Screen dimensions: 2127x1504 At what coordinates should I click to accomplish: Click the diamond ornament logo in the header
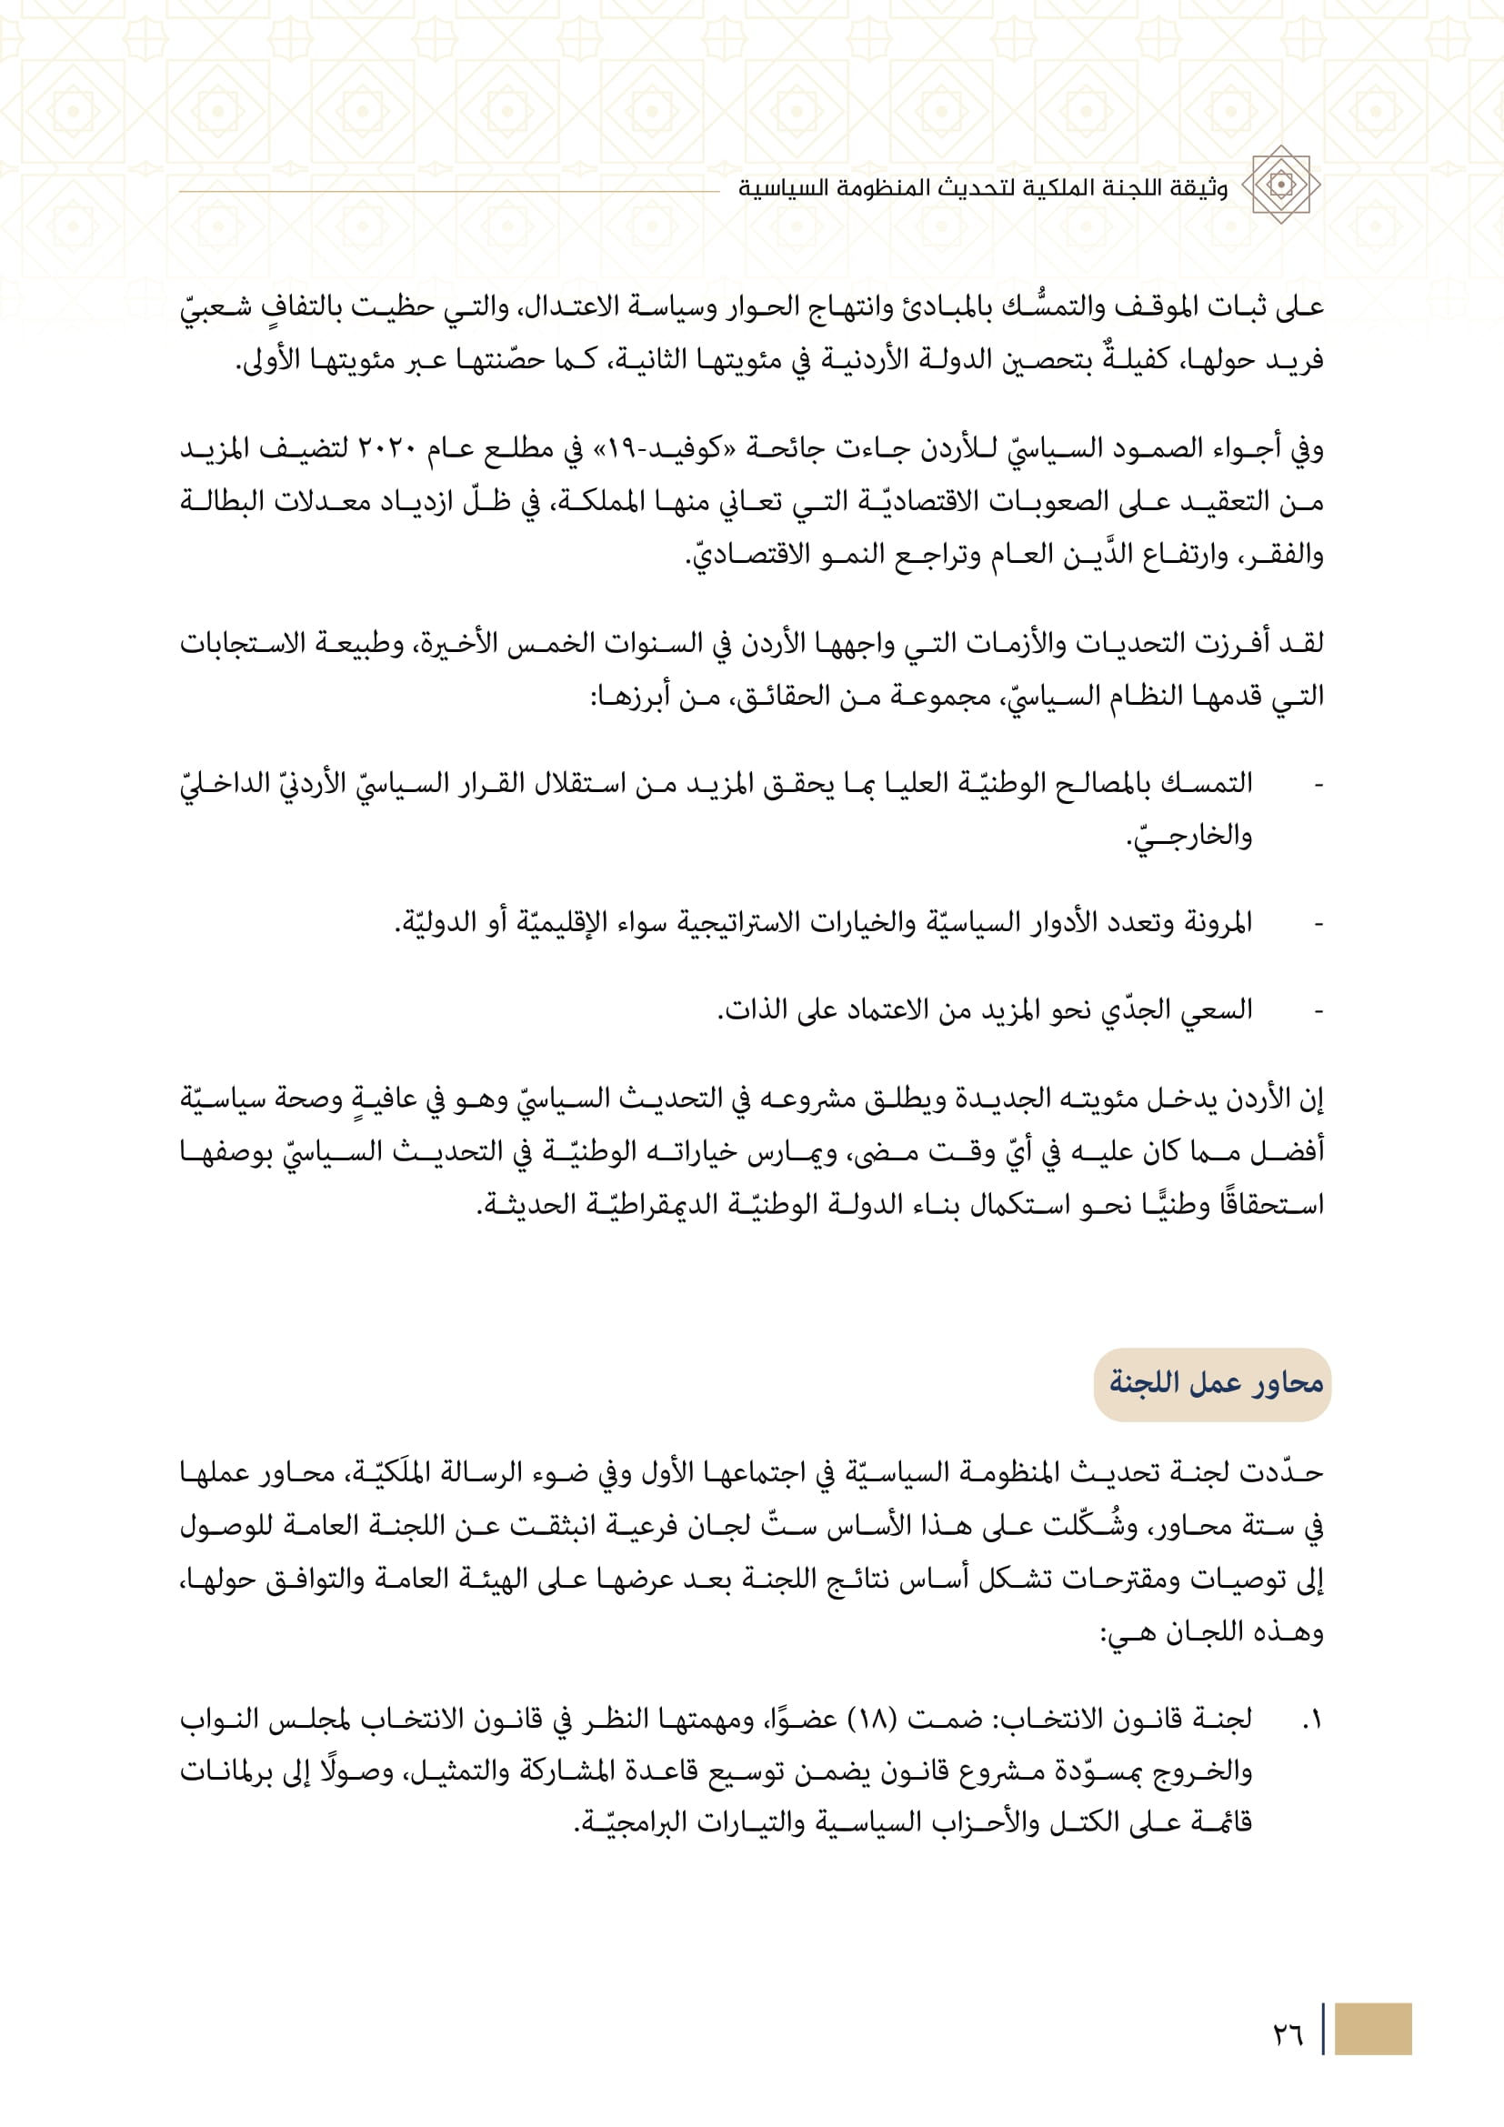[1281, 185]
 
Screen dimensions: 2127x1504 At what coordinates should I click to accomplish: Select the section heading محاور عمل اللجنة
[1215, 1384]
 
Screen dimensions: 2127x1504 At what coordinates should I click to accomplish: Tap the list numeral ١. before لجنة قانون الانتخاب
[1312, 1721]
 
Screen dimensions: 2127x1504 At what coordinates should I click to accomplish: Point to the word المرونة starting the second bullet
[1212, 923]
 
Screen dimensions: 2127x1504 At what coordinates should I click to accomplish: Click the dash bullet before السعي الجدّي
[1319, 1010]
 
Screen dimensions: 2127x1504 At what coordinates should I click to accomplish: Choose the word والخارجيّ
[1189, 837]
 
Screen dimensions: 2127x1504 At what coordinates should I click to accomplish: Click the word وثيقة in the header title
[1198, 188]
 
